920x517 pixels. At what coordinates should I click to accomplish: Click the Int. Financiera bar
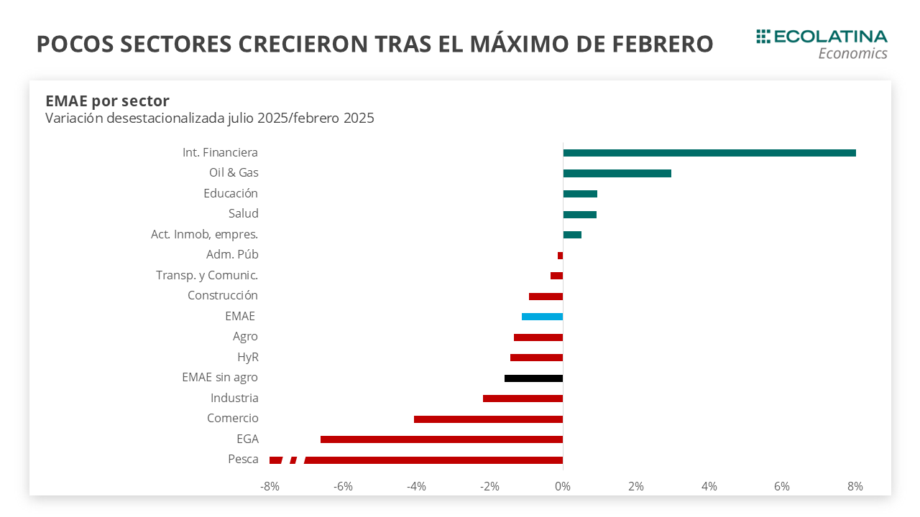coord(709,153)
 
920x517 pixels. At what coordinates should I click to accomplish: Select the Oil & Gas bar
coord(617,173)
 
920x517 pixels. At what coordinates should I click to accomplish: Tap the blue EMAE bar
coord(542,317)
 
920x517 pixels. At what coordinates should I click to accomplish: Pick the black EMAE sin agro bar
coord(533,378)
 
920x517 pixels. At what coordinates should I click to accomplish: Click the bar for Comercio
coord(488,419)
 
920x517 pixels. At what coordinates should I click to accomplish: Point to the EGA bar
coord(441,439)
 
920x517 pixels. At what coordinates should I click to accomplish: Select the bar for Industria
coord(523,399)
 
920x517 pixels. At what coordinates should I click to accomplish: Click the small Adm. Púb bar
coord(560,256)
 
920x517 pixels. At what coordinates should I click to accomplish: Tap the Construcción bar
coord(546,297)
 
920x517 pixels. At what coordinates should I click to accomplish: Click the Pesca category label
coord(243,460)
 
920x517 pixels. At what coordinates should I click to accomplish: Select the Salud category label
coord(243,214)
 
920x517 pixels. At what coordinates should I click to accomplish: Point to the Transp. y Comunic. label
coord(207,275)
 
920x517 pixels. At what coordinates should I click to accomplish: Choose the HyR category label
coord(247,358)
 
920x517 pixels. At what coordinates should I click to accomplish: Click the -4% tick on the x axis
coord(416,487)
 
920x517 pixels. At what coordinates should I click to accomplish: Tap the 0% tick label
coord(563,487)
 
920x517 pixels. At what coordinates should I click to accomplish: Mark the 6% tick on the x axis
coord(782,487)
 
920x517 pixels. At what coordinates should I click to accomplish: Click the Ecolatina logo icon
coord(763,37)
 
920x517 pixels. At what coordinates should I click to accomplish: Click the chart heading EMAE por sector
coord(107,101)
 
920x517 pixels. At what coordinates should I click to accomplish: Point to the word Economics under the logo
coord(852,54)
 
